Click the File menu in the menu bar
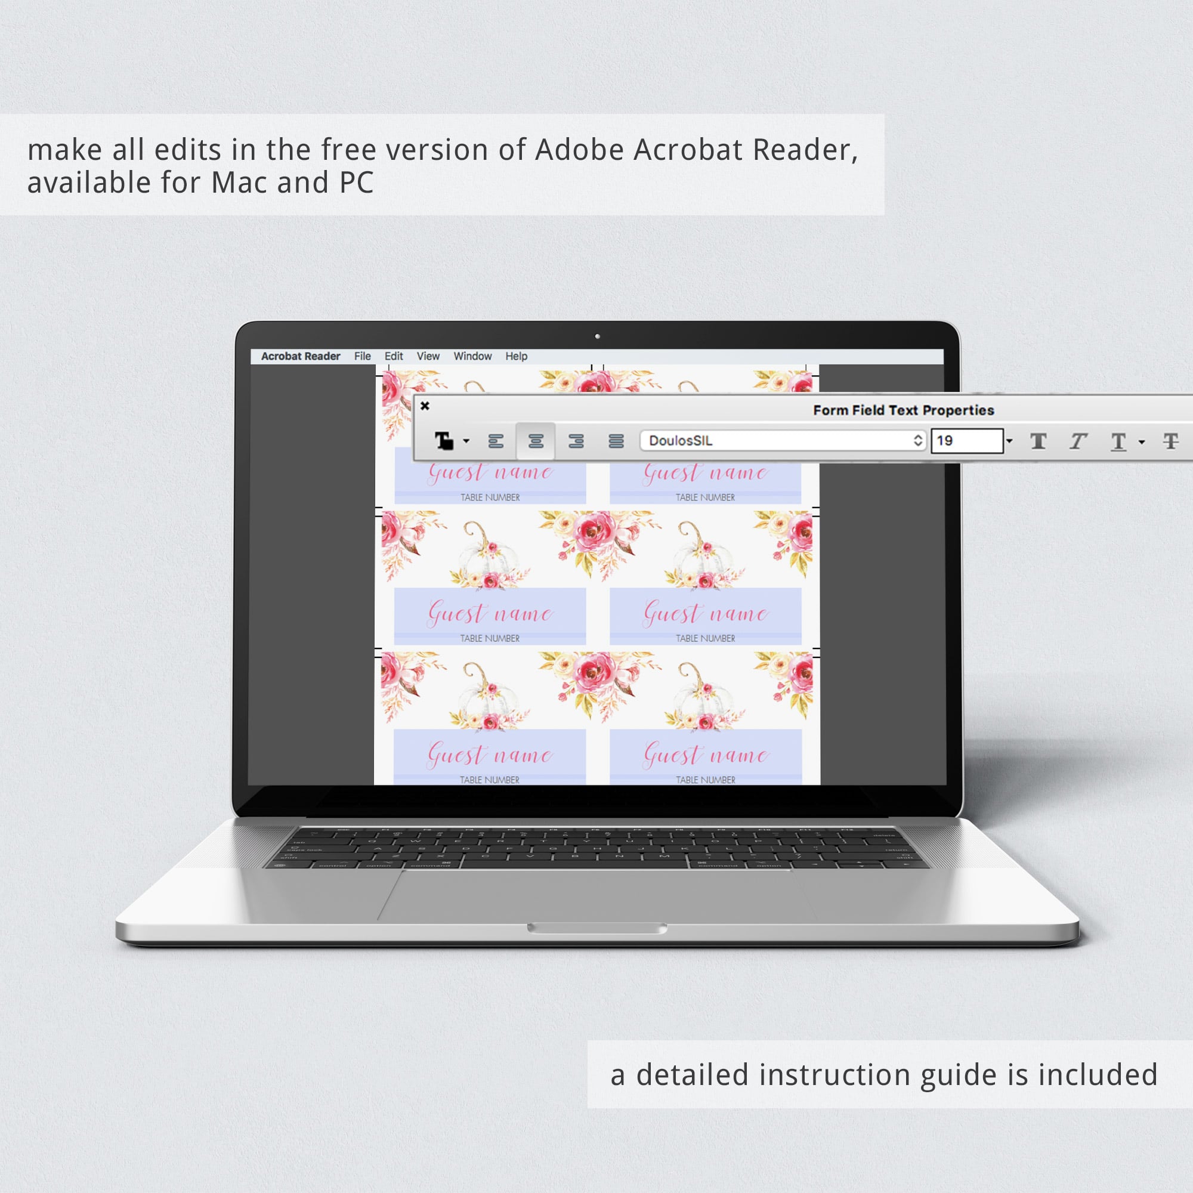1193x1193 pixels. [363, 356]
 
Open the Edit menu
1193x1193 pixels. [393, 356]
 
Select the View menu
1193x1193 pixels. [428, 356]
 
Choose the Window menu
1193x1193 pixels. [472, 356]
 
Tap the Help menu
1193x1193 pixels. [516, 356]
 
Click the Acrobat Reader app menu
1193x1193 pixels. [301, 356]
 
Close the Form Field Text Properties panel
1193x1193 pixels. [425, 406]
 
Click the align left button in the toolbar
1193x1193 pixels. [496, 441]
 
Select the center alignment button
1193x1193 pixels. [536, 441]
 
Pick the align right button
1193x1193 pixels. [576, 441]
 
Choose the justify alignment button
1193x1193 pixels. [616, 441]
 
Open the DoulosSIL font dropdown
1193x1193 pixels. [783, 440]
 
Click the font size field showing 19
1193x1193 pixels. [967, 440]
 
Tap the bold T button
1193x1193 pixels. [1039, 441]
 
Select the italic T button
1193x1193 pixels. [1078, 441]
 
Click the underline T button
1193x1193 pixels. [1118, 441]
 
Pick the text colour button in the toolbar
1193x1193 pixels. [444, 441]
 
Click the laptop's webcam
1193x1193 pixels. [597, 336]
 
